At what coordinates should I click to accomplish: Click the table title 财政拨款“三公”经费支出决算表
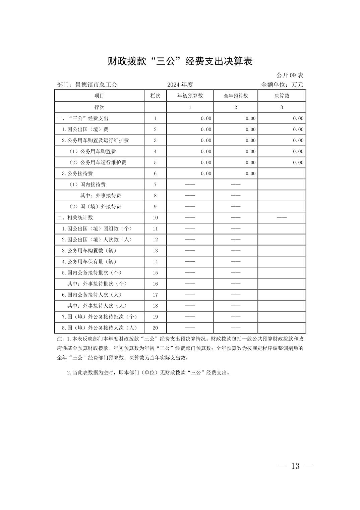point(180,61)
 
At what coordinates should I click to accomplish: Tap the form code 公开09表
point(290,75)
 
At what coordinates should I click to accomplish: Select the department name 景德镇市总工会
point(96,85)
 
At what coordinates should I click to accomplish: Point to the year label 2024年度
point(180,85)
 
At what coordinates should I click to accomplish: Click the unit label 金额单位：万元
point(282,85)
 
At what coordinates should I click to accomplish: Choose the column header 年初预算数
point(190,96)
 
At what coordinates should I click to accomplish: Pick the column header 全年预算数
point(236,96)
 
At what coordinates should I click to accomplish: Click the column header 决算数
point(282,96)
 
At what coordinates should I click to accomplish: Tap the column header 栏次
point(155,96)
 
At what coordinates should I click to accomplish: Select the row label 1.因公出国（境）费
point(85,130)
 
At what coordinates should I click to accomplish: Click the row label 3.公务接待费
point(77,173)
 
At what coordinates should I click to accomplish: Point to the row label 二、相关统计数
point(75,217)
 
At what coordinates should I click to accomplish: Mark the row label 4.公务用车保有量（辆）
point(89,262)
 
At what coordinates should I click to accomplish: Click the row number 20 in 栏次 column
point(155,328)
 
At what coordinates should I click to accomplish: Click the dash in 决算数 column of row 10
point(282,217)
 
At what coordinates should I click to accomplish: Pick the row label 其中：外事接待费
point(101,196)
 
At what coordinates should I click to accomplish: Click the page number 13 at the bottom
point(295,466)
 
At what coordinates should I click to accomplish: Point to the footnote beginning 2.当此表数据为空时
point(148,373)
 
